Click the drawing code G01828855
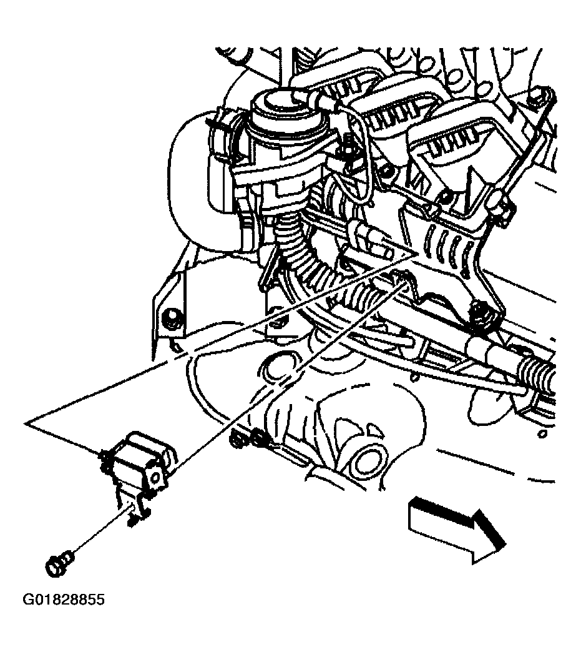[63, 600]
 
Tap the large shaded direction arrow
[457, 530]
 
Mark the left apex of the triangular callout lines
[26, 423]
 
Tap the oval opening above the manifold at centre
[278, 366]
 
